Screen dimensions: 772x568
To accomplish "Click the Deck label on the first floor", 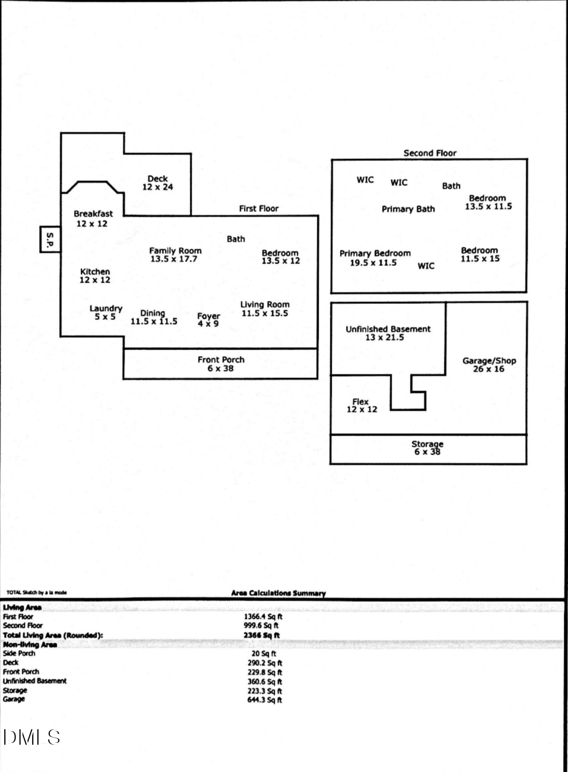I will (157, 183).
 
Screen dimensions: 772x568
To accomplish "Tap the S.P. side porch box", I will (50, 239).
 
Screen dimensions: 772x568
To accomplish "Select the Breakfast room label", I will (93, 218).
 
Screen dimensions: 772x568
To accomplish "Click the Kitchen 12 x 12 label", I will (95, 275).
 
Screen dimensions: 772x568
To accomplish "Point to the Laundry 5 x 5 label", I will (106, 313).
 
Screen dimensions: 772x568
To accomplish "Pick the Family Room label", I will (175, 255).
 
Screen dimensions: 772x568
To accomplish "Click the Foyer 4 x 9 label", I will (208, 320).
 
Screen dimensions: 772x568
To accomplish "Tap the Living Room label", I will (265, 309).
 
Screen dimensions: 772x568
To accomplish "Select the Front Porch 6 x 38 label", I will (221, 364).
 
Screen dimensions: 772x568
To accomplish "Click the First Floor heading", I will (258, 208).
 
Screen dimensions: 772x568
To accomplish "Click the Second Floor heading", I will (430, 153).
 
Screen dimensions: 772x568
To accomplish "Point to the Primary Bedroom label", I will (375, 258).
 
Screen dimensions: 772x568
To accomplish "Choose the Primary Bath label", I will (408, 209).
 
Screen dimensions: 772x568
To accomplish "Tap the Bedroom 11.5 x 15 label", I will (480, 255).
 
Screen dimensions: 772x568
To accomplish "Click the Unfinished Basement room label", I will (388, 333).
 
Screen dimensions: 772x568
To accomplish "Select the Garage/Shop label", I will (489, 364).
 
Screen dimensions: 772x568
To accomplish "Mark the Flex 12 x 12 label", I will (361, 405).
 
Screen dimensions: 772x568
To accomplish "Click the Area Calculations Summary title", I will (278, 593).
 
